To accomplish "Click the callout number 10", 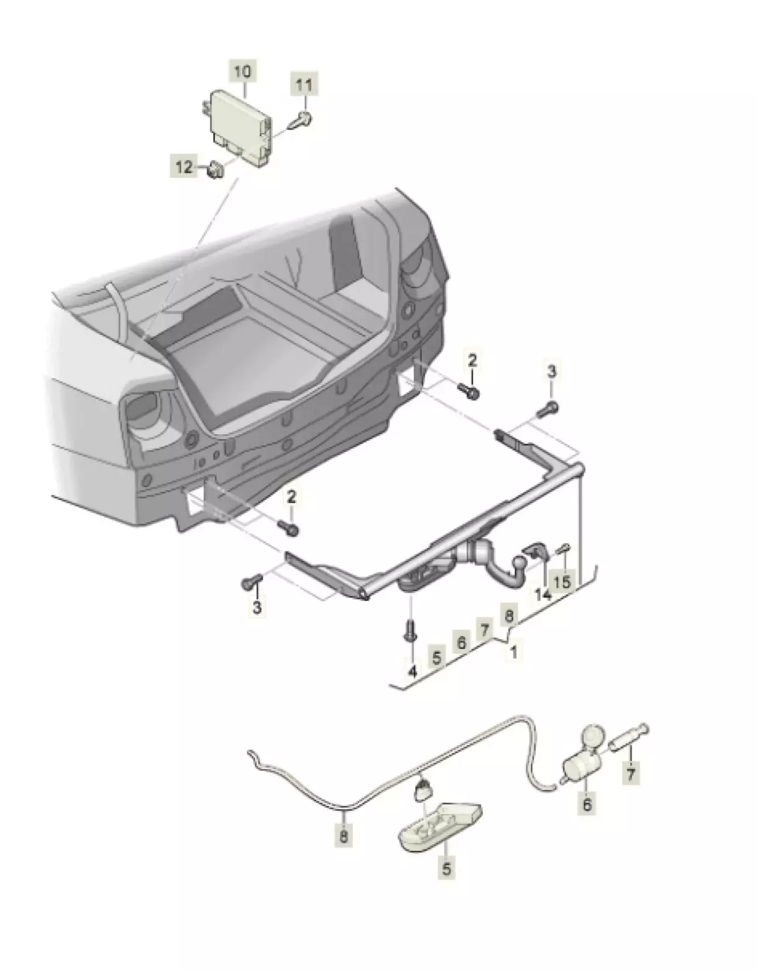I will (242, 72).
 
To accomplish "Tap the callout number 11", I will (303, 85).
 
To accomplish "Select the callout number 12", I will (184, 167).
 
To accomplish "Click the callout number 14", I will (543, 595).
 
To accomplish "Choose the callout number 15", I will (562, 581).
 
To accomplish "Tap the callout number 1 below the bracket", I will (513, 652).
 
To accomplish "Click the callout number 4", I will (412, 671).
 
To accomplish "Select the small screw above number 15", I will (564, 549).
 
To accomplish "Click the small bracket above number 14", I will (536, 551).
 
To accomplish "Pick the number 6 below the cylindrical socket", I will (586, 804).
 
